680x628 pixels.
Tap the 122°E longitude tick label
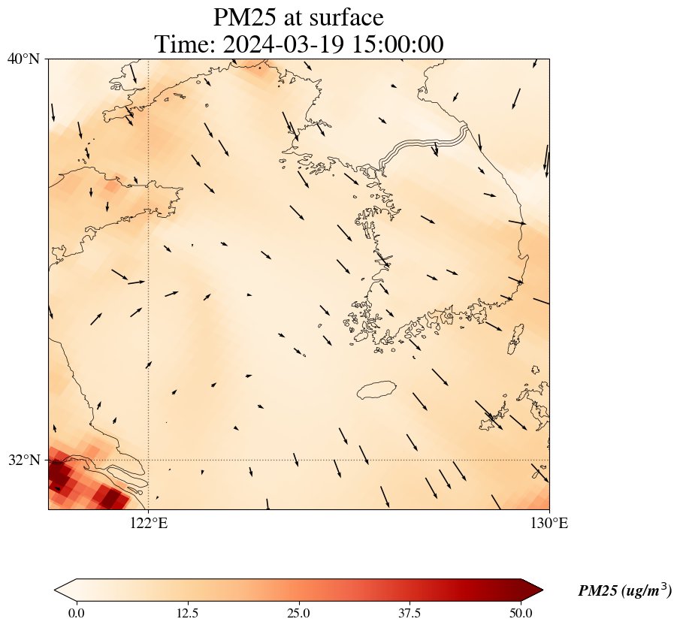(149, 524)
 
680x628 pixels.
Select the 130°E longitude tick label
(549, 524)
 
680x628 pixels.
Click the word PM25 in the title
(245, 17)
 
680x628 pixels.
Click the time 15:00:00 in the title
(395, 44)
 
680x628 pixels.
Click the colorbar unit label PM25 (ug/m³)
(624, 591)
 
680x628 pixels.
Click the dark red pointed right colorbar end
(526, 590)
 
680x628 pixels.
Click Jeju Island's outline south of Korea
(376, 390)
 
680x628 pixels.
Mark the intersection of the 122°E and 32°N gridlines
(149, 460)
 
